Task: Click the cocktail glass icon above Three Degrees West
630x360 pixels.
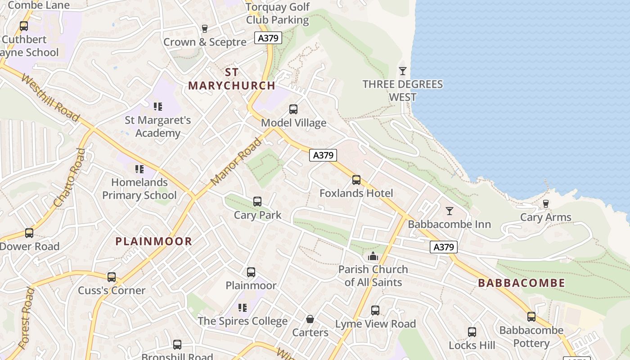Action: click(x=403, y=71)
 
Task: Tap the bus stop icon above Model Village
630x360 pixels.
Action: click(x=293, y=109)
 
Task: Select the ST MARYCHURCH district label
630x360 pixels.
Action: click(x=231, y=79)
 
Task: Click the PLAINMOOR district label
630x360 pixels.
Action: click(x=154, y=241)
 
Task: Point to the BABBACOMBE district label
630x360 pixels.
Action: click(x=522, y=283)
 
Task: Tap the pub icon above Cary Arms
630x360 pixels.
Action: click(x=546, y=204)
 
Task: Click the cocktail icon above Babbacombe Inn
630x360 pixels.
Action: click(x=449, y=211)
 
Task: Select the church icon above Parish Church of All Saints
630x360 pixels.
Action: click(x=373, y=256)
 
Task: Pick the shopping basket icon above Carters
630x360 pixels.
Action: click(x=310, y=319)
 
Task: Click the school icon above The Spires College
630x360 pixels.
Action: click(x=243, y=308)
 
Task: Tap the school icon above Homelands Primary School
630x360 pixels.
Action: click(x=139, y=169)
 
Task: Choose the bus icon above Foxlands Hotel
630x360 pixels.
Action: click(x=356, y=180)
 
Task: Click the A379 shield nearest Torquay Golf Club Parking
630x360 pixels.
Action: click(x=268, y=38)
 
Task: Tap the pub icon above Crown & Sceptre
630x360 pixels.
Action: click(x=205, y=29)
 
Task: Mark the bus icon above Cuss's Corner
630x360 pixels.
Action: click(x=112, y=277)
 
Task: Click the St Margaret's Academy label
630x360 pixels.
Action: click(x=158, y=126)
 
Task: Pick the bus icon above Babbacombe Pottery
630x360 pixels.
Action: click(x=531, y=317)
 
